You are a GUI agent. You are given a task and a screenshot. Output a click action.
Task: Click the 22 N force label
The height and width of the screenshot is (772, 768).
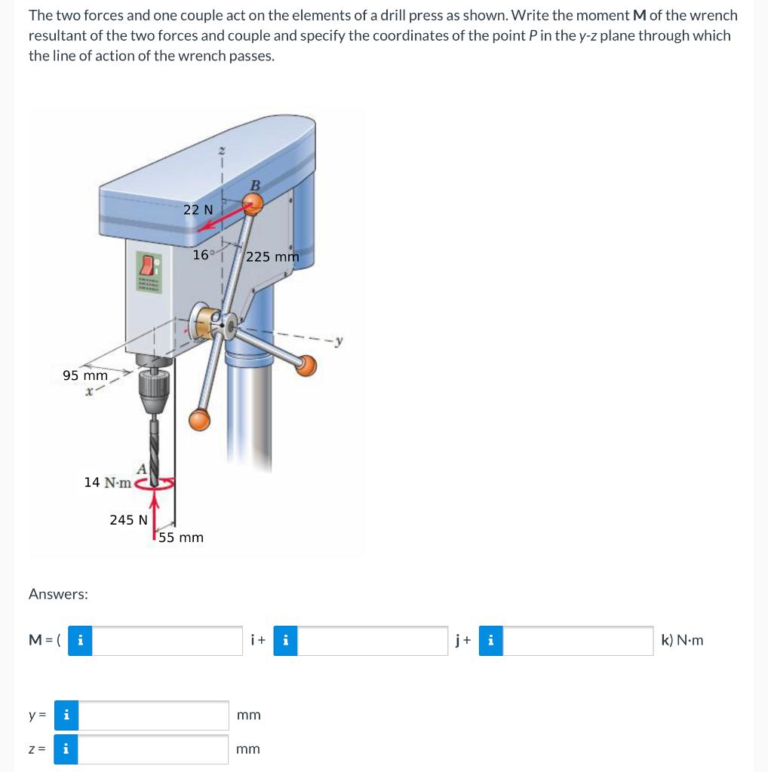[x=198, y=210]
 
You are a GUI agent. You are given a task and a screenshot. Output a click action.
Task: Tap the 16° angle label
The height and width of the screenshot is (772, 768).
[x=203, y=255]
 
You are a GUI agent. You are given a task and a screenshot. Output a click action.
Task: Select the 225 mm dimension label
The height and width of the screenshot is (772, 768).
[x=272, y=256]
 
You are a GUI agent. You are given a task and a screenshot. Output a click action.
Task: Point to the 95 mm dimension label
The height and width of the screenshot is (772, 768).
[x=85, y=375]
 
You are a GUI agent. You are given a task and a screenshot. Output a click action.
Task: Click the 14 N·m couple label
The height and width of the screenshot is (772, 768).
[x=107, y=482]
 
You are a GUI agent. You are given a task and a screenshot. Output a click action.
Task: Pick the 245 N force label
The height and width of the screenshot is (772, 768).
[x=128, y=519]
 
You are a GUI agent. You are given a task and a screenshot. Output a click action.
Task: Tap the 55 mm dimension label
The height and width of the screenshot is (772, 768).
[x=181, y=538]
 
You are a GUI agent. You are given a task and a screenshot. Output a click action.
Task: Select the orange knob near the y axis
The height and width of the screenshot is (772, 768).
[x=306, y=366]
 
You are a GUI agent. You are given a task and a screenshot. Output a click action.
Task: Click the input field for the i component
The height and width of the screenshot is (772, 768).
[x=167, y=641]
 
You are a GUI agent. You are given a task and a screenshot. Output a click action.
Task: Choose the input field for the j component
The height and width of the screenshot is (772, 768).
[x=373, y=641]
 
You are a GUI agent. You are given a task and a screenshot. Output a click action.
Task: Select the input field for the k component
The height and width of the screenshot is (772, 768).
[x=578, y=641]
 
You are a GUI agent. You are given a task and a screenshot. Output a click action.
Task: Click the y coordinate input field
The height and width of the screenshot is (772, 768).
[x=153, y=715]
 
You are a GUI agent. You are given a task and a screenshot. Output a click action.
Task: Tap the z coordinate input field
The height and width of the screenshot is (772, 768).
[x=153, y=749]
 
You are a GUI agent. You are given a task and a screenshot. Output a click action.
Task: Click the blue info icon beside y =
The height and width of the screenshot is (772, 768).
[x=66, y=715]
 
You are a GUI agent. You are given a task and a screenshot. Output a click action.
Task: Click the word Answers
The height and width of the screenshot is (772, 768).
[x=58, y=594]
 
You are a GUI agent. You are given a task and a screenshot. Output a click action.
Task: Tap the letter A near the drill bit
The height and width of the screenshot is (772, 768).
[x=141, y=467]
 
